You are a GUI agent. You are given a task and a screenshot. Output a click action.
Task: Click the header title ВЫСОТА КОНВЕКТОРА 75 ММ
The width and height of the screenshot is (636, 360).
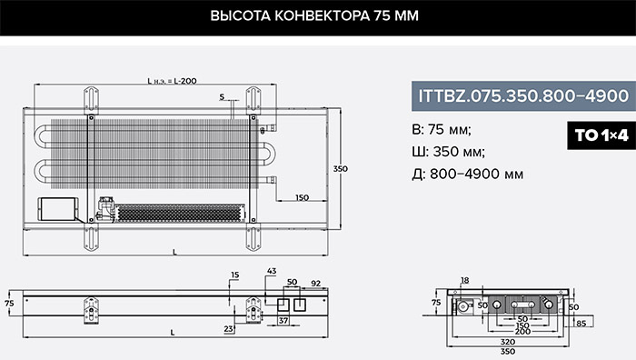pos(314,15)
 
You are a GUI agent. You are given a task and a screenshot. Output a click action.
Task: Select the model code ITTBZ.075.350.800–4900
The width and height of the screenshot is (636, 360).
pos(523,96)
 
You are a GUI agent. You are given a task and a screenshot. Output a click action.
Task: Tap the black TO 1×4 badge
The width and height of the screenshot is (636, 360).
pos(601,135)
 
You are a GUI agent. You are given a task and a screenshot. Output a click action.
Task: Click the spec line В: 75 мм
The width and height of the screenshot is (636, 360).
pos(442,130)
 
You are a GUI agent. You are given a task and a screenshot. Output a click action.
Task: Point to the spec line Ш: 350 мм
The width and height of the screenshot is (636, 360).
pos(448,152)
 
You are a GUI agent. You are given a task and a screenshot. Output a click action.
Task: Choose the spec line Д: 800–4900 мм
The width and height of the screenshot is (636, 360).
pos(467,175)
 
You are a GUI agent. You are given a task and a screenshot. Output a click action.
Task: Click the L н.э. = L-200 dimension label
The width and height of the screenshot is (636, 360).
pos(172,81)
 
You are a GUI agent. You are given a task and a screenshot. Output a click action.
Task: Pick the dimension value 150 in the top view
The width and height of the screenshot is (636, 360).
pos(302,197)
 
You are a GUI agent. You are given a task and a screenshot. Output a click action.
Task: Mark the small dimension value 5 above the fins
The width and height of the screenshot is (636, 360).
pos(222,97)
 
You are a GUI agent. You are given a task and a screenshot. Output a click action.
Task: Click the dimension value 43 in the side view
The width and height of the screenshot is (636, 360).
pos(272,271)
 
